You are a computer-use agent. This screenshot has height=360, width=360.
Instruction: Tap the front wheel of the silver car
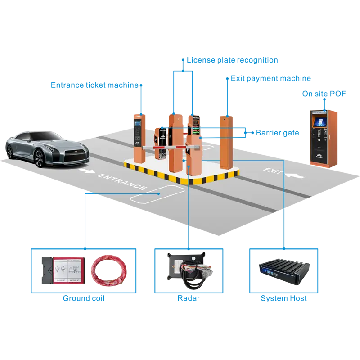pos(39,157)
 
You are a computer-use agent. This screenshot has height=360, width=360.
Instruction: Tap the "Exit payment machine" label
pos(270,78)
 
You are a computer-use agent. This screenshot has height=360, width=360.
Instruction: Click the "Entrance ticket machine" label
pos(97,85)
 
